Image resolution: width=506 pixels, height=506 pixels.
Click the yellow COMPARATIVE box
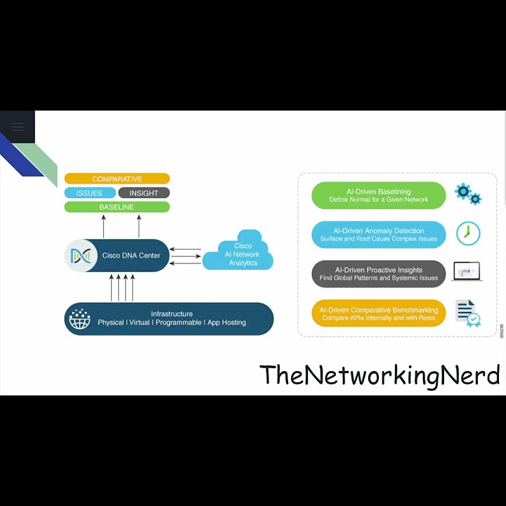click(117, 179)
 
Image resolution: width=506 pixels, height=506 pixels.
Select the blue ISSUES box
click(89, 193)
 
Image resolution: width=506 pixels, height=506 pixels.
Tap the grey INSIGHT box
click(143, 193)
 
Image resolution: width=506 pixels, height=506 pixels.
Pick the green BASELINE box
click(117, 207)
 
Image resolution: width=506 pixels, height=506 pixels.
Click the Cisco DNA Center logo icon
click(81, 256)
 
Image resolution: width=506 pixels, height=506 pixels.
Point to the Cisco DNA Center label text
click(131, 256)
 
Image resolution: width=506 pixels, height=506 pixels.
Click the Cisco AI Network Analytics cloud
click(240, 254)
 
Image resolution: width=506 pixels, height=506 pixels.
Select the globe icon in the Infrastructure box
click(79, 319)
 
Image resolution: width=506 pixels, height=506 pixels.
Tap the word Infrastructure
click(171, 314)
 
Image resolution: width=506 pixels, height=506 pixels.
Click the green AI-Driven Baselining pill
click(378, 195)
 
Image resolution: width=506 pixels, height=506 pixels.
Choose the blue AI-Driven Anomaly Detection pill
click(378, 235)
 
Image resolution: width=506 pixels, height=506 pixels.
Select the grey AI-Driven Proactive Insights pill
click(378, 274)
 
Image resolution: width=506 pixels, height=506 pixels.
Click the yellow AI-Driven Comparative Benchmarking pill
click(378, 313)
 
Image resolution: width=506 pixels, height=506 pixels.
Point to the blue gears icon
click(467, 193)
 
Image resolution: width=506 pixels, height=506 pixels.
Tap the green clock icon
click(468, 233)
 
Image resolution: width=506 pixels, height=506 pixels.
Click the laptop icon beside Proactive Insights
click(467, 272)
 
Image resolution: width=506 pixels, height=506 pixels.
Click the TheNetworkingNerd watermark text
click(379, 375)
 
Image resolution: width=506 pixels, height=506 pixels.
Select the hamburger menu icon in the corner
click(18, 126)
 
